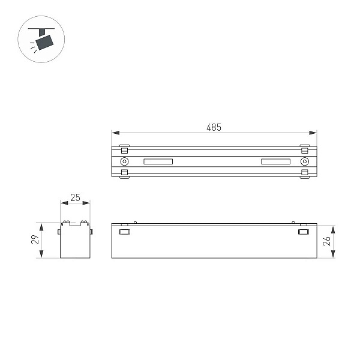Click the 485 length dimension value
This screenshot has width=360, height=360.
point(214,127)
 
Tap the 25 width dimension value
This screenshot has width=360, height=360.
point(75,197)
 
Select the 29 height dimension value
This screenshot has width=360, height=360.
point(35,239)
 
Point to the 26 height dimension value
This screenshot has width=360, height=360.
point(326,241)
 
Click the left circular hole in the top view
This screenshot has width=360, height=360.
point(124,161)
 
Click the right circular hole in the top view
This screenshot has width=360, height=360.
point(304,161)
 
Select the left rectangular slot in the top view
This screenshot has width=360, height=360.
point(158,161)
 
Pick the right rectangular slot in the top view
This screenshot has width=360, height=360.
point(275,161)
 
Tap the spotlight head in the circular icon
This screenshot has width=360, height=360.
point(44,42)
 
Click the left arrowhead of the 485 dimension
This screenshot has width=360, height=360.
point(116,133)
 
